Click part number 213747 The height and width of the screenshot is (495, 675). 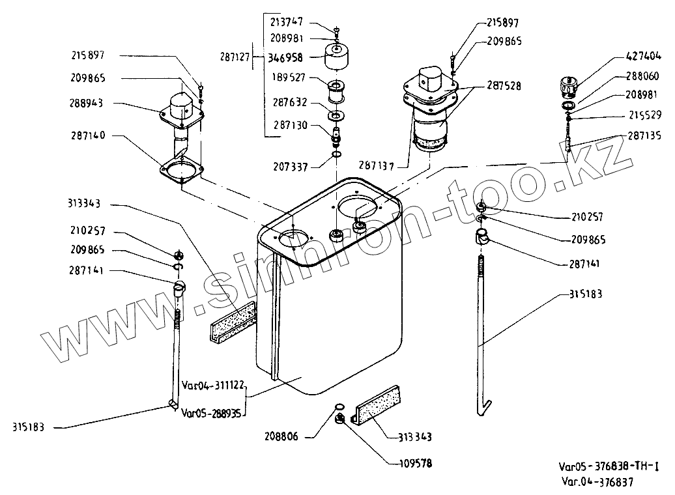pos(287,21)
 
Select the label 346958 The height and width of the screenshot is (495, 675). pos(285,58)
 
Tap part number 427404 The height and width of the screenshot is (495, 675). pos(643,56)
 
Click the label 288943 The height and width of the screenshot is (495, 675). pos(86,104)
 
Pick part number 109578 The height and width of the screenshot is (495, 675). pos(416,464)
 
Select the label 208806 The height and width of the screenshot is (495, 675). pos(281,437)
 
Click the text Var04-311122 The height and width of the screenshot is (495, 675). pos(213,385)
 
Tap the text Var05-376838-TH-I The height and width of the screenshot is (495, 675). pos(609,466)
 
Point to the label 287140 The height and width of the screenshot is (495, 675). pos(88,135)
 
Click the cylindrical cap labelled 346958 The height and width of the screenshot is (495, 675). pos(336,56)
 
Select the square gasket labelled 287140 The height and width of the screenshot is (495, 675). pos(181,171)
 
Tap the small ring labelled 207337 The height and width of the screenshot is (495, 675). pos(337,154)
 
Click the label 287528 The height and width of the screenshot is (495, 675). pos(504,86)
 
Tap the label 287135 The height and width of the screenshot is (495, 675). pos(644,136)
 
